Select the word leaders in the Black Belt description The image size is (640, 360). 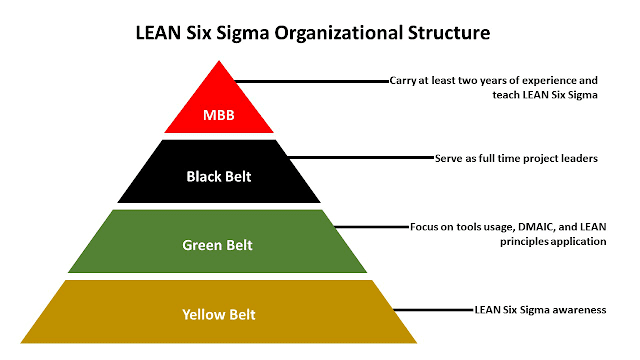click(x=577, y=158)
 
